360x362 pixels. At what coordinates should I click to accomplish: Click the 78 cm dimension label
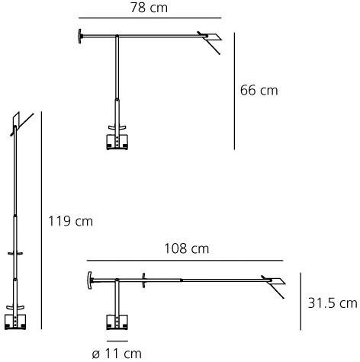(149, 8)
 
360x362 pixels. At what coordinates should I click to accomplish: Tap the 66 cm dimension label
(259, 91)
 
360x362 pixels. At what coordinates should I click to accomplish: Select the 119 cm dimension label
(70, 221)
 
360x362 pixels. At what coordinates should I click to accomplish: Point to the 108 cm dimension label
(187, 248)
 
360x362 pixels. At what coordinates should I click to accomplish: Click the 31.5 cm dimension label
(333, 303)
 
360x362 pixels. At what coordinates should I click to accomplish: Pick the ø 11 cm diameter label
(117, 354)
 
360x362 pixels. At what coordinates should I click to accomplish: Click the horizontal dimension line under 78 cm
(150, 18)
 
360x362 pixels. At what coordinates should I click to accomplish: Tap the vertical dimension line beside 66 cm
(234, 91)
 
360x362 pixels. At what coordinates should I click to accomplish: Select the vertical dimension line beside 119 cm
(41, 220)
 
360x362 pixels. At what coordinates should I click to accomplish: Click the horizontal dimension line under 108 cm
(185, 261)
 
